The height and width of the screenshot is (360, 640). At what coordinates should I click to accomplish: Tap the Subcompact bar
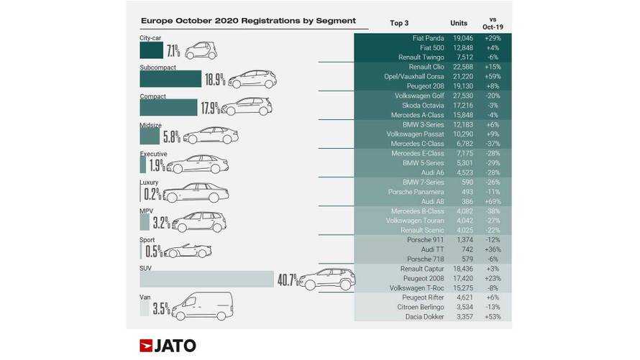pyautogui.click(x=170, y=78)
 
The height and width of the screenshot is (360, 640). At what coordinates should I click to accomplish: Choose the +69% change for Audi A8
pyautogui.click(x=493, y=203)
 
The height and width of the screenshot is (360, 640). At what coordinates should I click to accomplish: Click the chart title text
pyautogui.click(x=238, y=21)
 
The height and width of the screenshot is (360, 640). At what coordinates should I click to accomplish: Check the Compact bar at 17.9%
pyautogui.click(x=168, y=107)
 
